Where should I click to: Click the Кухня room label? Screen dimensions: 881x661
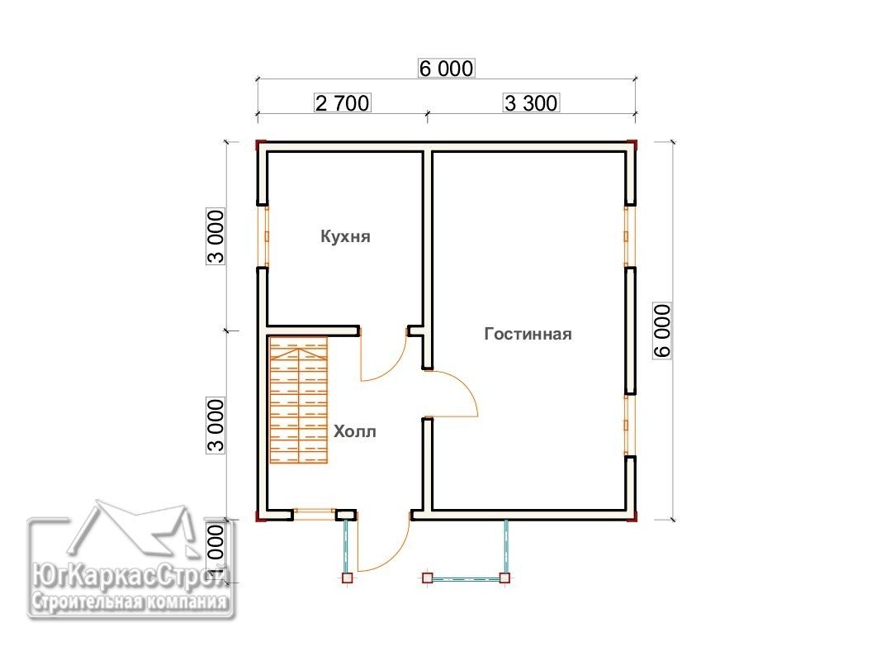coord(345,236)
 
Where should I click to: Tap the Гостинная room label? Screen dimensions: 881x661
coord(528,334)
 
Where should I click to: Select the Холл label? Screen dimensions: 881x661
coord(354,431)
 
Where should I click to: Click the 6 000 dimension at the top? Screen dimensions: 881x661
coord(447,69)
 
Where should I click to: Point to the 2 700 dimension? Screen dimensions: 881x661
coord(342,102)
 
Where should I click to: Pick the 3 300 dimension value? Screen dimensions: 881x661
coord(531,102)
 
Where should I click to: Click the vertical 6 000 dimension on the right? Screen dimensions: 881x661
coord(662,330)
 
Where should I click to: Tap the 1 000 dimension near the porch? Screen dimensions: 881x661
coord(216,552)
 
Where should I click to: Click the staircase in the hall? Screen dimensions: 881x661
coord(298,400)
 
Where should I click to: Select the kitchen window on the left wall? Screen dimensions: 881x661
coord(266,236)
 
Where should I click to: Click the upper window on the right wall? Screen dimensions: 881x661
coord(627,236)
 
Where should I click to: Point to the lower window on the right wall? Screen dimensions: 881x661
coord(627,425)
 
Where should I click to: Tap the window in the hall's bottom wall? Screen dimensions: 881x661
coord(315,514)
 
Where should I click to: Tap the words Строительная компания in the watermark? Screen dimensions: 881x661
coord(130,602)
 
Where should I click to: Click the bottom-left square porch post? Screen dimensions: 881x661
coord(348,578)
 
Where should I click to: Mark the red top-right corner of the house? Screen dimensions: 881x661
coord(632,145)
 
